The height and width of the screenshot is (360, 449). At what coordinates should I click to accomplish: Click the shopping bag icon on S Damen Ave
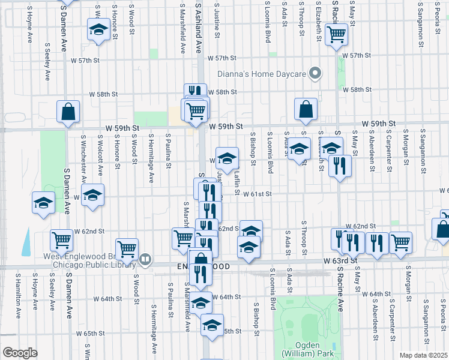68,111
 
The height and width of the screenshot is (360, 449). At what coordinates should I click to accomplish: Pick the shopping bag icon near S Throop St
306,109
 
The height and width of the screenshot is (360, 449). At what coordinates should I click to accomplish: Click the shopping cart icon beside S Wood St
127,248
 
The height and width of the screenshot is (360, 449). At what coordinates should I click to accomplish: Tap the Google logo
20,353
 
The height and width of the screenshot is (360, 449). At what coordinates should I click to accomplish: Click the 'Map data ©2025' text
423,355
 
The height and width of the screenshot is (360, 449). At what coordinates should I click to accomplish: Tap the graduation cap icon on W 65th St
211,325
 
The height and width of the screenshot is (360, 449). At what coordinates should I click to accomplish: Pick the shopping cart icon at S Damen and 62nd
62,241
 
